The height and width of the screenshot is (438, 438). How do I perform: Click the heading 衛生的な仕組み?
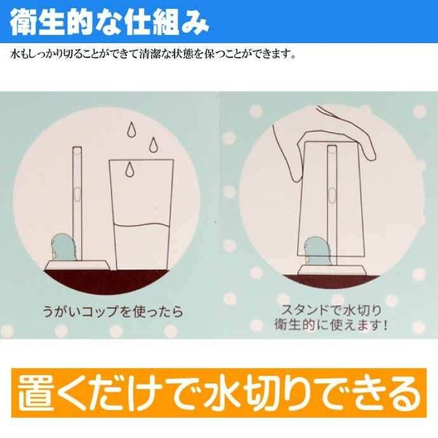(x=109, y=22)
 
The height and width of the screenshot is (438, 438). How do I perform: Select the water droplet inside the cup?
(x=128, y=169)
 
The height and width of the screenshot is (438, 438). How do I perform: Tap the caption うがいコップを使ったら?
(x=113, y=311)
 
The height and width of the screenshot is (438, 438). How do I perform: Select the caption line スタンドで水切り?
(x=331, y=311)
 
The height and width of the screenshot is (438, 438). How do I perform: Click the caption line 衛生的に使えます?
(x=331, y=325)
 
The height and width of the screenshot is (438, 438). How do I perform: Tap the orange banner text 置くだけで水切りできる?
(x=219, y=393)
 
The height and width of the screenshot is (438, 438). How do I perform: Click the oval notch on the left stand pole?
(x=77, y=193)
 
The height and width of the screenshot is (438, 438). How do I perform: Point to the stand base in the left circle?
(x=77, y=265)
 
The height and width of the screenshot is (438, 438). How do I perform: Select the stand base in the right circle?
(x=331, y=269)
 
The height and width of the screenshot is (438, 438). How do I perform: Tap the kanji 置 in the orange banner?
(x=36, y=393)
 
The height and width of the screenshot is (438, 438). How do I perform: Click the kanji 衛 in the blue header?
(x=23, y=23)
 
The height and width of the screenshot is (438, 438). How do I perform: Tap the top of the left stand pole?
(x=77, y=148)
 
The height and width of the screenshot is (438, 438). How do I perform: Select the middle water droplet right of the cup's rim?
(x=153, y=145)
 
